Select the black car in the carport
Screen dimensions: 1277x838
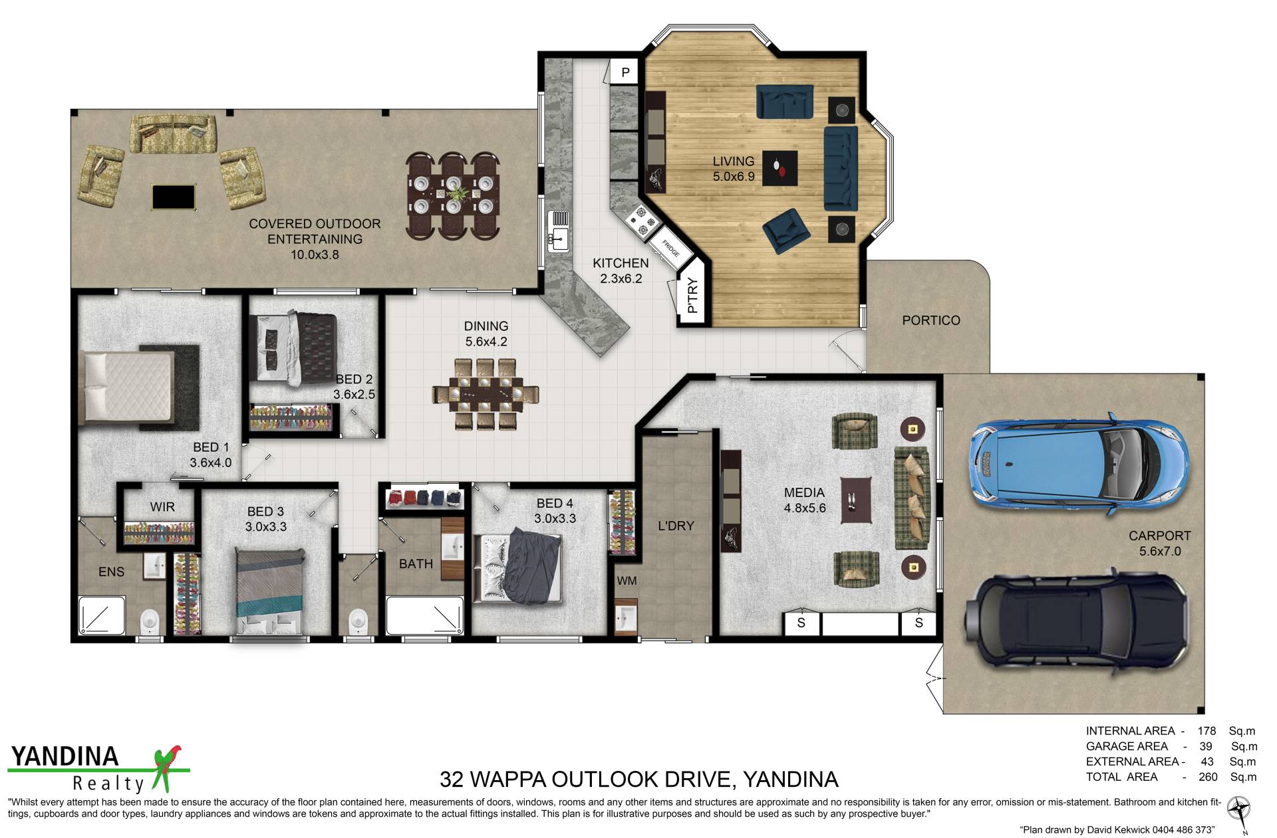(x=1075, y=617)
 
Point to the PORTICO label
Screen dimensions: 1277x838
(x=930, y=320)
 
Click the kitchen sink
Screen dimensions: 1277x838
(x=559, y=231)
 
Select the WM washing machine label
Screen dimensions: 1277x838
(x=627, y=581)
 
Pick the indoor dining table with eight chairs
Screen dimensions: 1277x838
(x=486, y=394)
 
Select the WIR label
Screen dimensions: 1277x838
(x=162, y=507)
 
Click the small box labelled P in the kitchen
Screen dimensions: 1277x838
(x=625, y=72)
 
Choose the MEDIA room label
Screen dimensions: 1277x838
(x=804, y=492)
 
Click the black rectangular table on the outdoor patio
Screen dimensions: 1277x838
(x=174, y=197)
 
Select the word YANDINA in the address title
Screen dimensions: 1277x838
(x=790, y=778)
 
